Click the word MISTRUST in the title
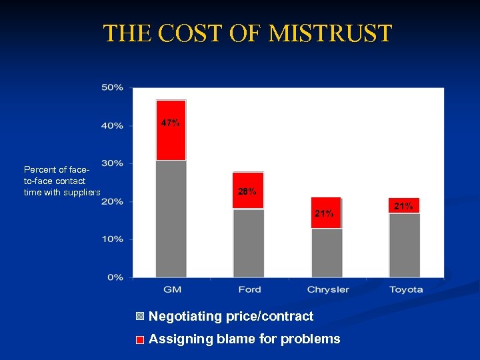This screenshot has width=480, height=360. (x=331, y=33)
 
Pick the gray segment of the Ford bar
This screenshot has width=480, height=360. (x=248, y=243)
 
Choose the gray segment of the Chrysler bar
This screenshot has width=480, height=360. (x=326, y=253)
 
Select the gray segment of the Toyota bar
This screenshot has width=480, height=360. (x=404, y=245)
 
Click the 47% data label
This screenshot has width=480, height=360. (x=170, y=123)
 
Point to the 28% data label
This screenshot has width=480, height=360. (x=247, y=192)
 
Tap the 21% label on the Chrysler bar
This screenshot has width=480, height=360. (x=325, y=213)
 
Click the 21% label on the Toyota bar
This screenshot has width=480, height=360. (x=403, y=206)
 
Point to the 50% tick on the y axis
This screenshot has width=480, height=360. (x=112, y=87)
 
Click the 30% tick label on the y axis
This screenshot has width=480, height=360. (x=112, y=163)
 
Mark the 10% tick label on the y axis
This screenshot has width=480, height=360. (x=112, y=239)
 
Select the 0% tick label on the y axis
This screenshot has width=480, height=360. (x=115, y=277)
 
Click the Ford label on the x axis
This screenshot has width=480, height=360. (x=249, y=289)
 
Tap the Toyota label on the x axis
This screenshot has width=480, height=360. (x=405, y=289)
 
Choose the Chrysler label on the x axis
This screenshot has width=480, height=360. (x=327, y=289)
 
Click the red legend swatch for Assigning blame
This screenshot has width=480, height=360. (x=140, y=339)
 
